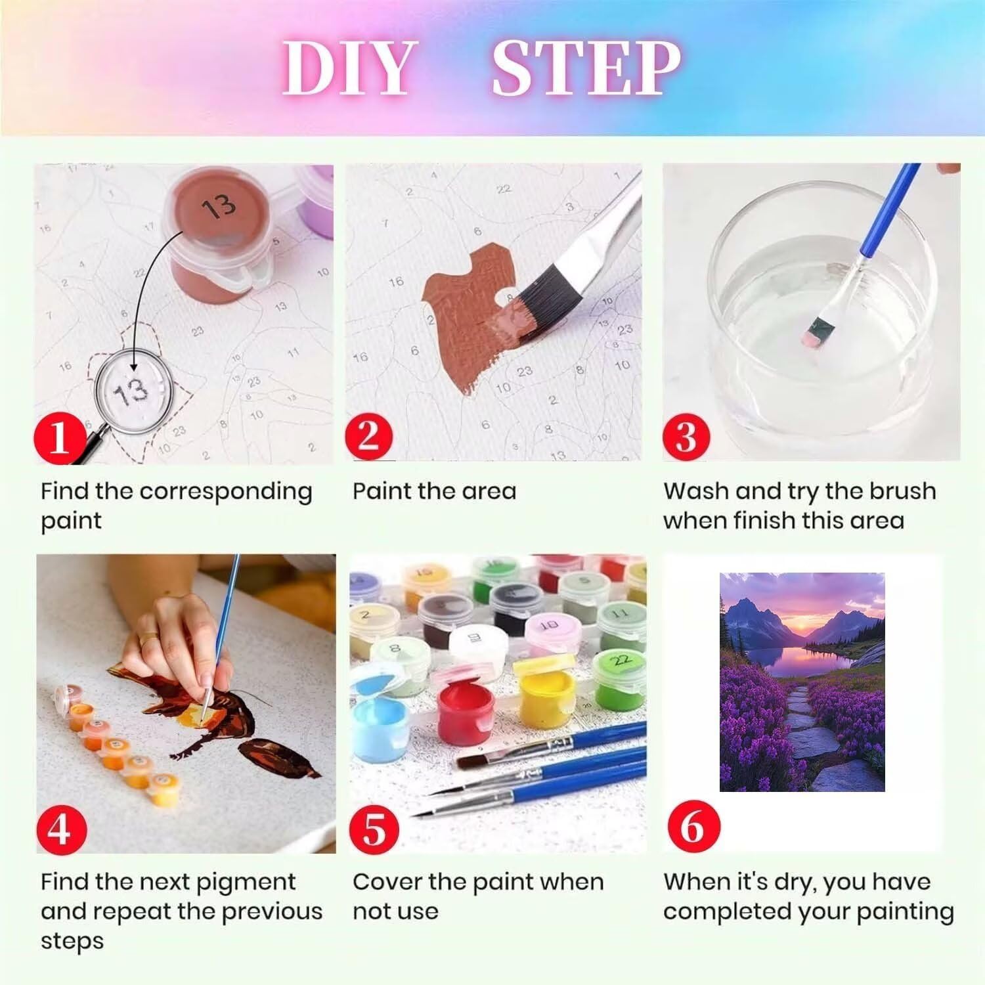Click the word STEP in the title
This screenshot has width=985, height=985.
(586, 68)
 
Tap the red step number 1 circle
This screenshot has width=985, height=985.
(60, 437)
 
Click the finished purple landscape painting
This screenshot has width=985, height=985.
(802, 682)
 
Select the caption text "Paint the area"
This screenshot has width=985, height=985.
(435, 491)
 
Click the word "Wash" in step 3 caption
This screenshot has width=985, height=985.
(695, 491)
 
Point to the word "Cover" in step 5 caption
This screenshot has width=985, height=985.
(387, 882)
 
